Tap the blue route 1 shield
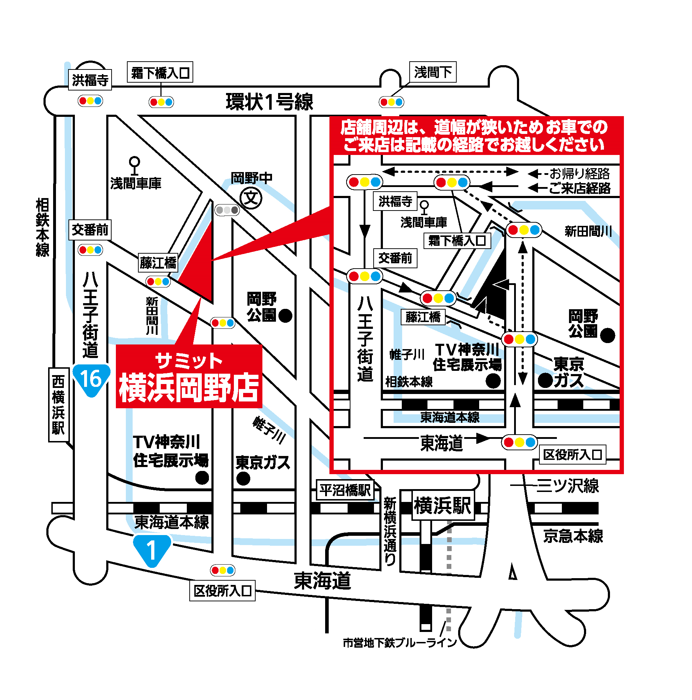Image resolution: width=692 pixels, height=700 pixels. [x=152, y=550]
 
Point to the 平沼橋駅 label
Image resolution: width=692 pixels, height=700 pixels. [x=344, y=490]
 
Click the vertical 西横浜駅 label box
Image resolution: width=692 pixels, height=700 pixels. [x=58, y=404]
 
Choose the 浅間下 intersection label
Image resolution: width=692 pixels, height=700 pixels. [x=432, y=72]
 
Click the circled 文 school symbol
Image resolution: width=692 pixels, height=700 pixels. [x=251, y=198]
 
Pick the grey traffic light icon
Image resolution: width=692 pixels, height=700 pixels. [x=227, y=210]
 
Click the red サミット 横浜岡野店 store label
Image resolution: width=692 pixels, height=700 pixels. [x=189, y=377]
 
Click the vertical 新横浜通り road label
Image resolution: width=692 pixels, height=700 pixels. [x=390, y=531]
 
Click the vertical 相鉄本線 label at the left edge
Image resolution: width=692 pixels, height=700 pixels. [x=42, y=227]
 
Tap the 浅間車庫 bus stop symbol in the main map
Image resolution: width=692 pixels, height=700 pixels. [x=134, y=165]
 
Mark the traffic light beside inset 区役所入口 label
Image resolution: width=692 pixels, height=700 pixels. [x=519, y=442]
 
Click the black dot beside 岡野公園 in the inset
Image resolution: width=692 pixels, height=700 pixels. [x=608, y=335]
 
